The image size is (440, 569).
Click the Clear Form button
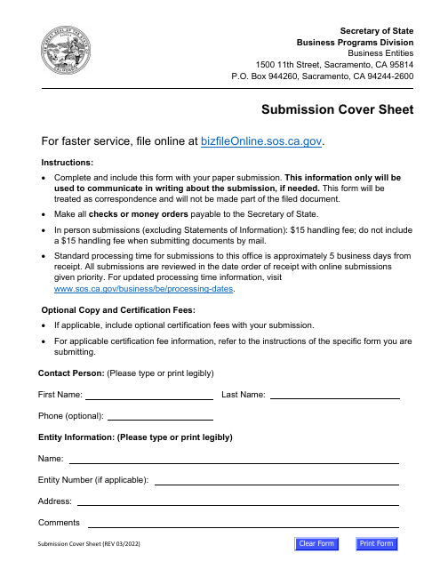click(316, 544)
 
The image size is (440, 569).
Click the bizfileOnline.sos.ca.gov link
click(262, 140)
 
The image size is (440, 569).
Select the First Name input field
click(148, 394)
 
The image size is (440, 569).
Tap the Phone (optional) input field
click(160, 415)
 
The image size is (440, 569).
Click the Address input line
click(235, 501)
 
